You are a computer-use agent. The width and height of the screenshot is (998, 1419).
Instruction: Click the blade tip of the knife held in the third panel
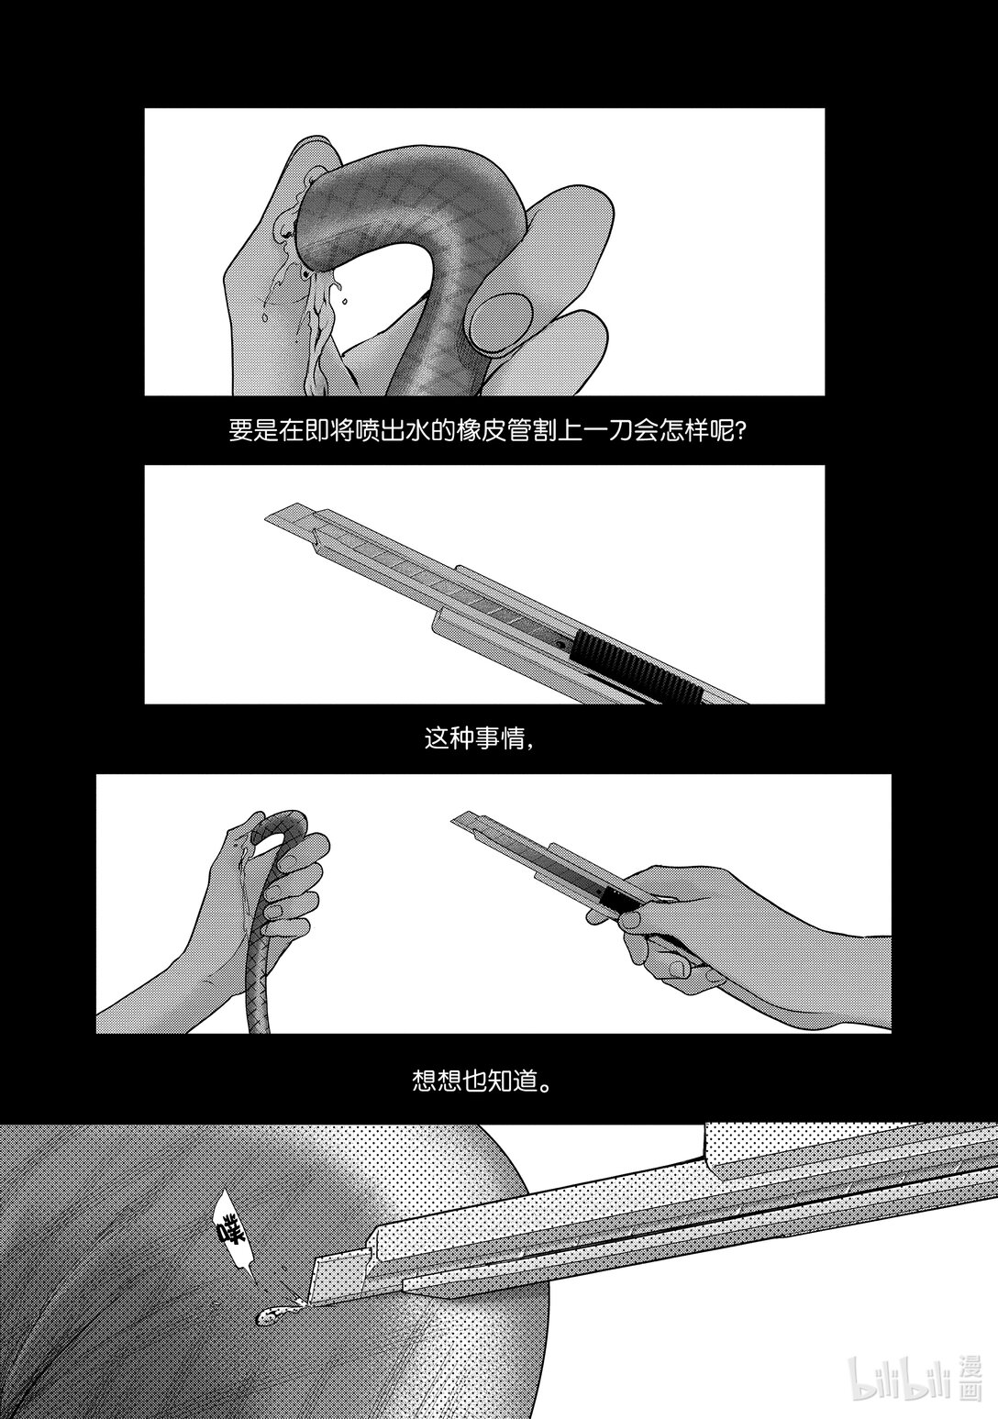pyautogui.click(x=455, y=817)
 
